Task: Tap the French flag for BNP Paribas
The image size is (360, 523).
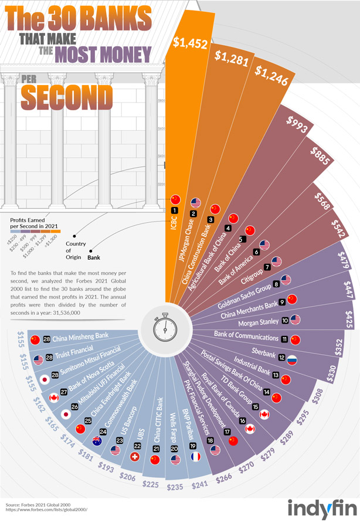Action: pos(195,456)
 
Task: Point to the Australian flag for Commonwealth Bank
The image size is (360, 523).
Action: pos(97,440)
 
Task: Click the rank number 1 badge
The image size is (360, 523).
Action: pos(175,210)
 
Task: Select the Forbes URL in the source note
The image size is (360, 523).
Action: pos(47,510)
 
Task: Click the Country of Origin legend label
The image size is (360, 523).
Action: pos(76,250)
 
